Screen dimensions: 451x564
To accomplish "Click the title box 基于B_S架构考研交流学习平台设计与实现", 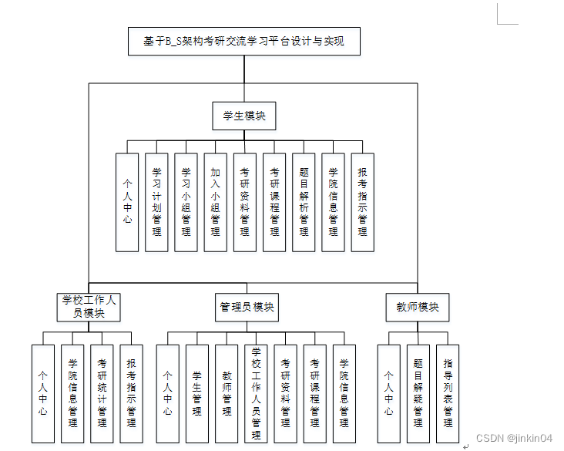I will tap(244, 42).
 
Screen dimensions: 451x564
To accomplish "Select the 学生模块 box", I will tap(244, 116).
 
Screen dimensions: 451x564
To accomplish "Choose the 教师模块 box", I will tap(418, 307).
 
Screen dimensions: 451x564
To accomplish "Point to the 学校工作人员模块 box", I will tap(89, 307).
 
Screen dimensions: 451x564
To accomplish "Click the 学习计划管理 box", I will tap(156, 202).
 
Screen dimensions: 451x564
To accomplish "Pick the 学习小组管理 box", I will tap(186, 202).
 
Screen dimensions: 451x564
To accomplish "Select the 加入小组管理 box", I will tap(215, 202).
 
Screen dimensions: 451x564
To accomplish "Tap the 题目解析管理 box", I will tap(304, 202).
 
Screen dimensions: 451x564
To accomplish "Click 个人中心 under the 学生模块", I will tap(127, 202).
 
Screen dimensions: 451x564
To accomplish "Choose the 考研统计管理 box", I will tap(102, 393).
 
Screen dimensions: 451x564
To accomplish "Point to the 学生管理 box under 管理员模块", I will tap(196, 393).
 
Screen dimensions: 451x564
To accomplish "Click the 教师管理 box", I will tap(227, 393).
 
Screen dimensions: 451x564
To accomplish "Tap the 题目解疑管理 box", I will tap(418, 393).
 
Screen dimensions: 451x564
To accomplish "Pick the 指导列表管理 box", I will tap(447, 393).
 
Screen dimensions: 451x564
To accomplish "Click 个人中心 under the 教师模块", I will tap(388, 393).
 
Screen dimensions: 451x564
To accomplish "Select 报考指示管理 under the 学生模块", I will tap(362, 202).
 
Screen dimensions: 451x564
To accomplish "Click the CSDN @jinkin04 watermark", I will tap(514, 438).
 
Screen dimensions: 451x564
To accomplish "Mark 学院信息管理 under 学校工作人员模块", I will tap(72, 393).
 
